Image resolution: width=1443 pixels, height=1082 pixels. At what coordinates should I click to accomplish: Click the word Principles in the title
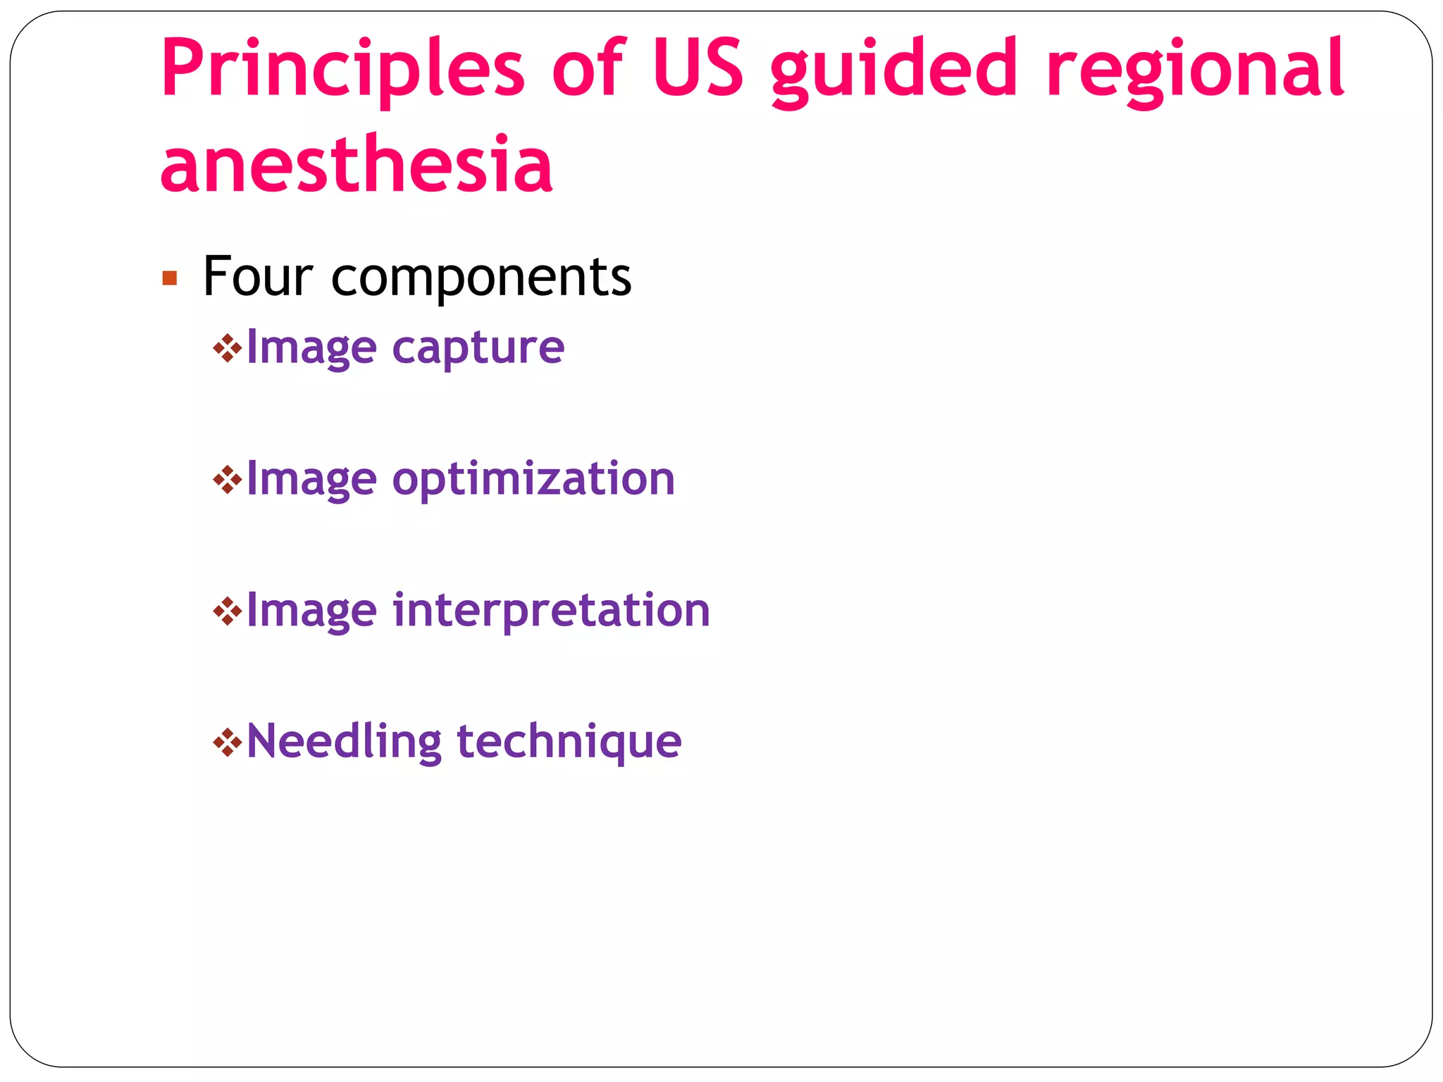click(x=342, y=69)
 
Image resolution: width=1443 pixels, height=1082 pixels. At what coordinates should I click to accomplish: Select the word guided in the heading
click(x=894, y=70)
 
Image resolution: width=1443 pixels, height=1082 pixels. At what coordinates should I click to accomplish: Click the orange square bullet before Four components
click(x=169, y=278)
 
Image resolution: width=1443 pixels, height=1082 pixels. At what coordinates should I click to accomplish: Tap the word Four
click(x=258, y=276)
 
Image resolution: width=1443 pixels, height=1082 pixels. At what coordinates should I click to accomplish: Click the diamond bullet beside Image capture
click(x=227, y=348)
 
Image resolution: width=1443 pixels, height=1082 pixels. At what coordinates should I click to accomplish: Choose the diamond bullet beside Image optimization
click(x=227, y=480)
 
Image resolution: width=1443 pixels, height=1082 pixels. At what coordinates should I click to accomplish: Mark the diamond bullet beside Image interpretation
click(x=227, y=611)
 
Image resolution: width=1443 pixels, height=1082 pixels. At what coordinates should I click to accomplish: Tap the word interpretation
click(x=551, y=611)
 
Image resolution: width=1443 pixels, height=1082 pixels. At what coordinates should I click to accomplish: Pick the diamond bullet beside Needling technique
click(x=227, y=742)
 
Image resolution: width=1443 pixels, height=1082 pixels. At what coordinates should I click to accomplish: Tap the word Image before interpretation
click(x=311, y=611)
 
